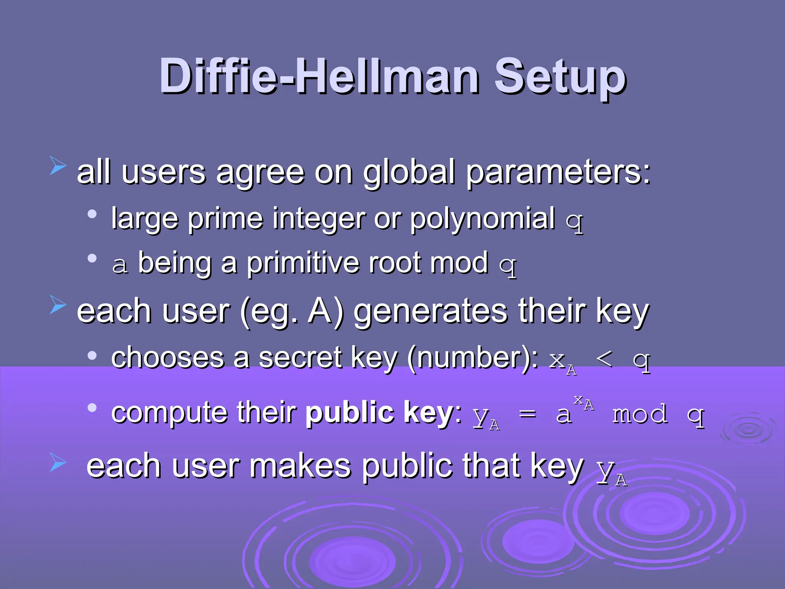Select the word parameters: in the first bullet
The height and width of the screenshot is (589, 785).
pyautogui.click(x=558, y=173)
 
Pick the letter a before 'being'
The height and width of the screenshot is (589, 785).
pyautogui.click(x=120, y=265)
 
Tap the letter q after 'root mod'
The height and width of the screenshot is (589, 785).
pyautogui.click(x=508, y=265)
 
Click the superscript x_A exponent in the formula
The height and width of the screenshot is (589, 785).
pyautogui.click(x=584, y=402)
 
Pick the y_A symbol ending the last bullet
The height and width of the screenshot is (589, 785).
pyautogui.click(x=612, y=472)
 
